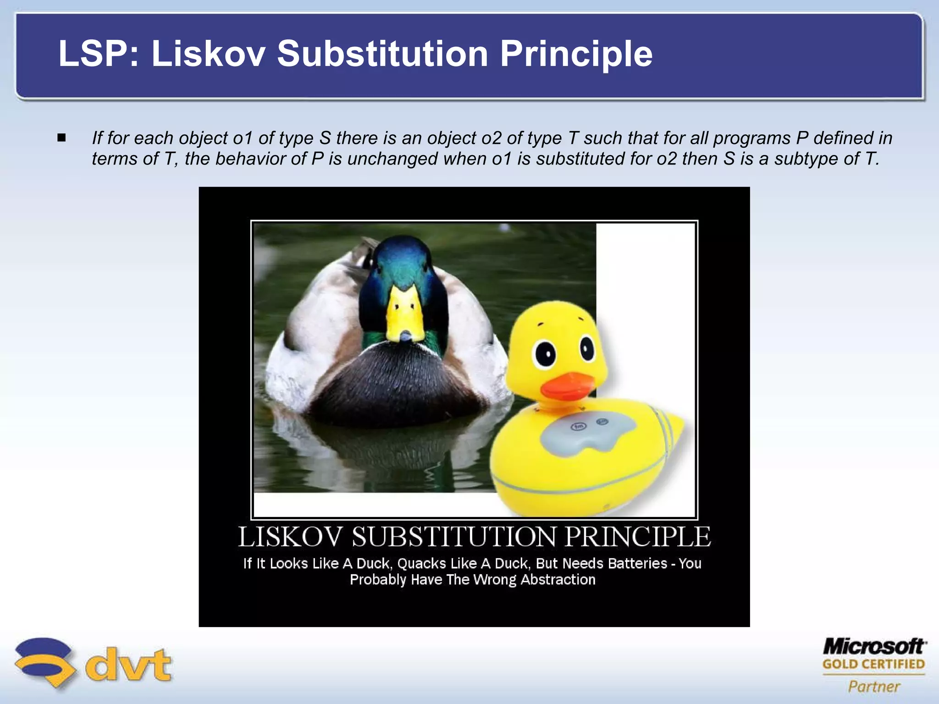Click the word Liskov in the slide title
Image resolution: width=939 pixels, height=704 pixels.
(209, 54)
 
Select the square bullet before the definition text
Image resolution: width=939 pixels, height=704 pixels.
(62, 137)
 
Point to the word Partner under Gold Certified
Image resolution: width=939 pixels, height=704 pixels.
(874, 687)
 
